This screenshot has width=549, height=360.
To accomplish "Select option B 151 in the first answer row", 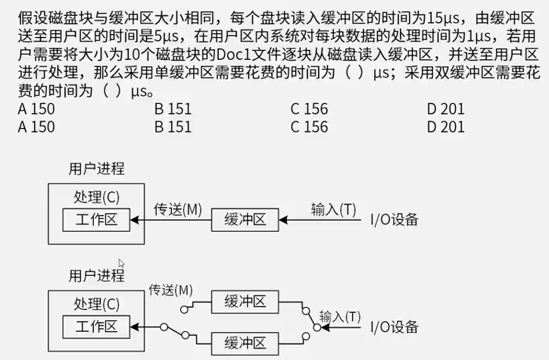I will (173, 108).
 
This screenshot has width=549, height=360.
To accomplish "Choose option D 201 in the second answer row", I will (445, 127).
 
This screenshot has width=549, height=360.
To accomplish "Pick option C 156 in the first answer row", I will (309, 108).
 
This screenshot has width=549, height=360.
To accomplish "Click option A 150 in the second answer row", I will (36, 127).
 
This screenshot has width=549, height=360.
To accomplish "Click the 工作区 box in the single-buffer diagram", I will (96, 220).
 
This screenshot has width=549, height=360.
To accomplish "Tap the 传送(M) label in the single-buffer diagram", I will (178, 208).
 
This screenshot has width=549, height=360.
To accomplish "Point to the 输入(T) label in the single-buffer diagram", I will (334, 208).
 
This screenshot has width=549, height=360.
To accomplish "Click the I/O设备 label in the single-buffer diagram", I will (394, 221).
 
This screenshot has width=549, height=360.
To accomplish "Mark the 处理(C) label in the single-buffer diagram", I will (96, 197).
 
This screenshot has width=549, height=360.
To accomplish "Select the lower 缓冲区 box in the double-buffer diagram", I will (245, 343).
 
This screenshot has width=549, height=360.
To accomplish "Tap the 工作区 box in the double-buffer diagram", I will (96, 327).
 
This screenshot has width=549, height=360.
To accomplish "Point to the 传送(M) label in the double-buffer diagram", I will (171, 290).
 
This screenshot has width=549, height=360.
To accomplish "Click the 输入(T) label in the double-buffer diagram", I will (340, 315).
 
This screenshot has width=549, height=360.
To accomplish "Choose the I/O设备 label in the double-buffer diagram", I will (394, 327).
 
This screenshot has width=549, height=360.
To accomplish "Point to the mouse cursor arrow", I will (120, 262).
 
